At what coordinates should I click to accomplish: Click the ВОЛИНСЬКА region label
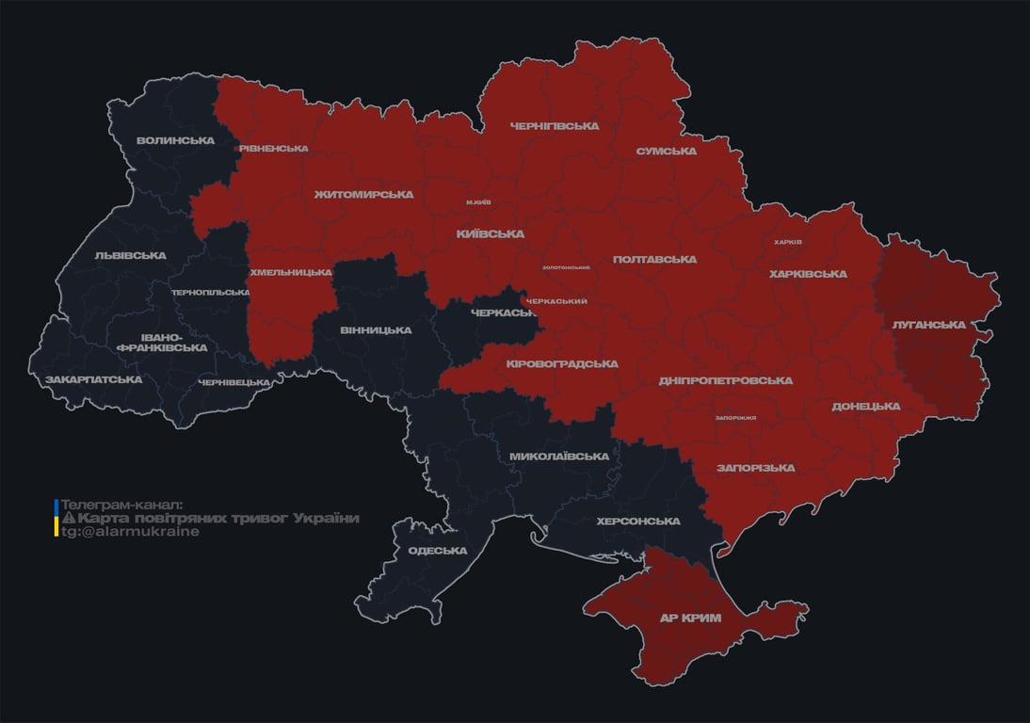[x=175, y=141]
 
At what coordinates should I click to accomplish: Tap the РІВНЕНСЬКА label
[x=273, y=149]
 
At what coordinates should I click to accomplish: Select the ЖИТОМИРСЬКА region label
[x=363, y=195]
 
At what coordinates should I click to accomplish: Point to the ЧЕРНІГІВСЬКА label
[x=554, y=126]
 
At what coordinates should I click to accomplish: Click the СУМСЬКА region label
[x=666, y=152]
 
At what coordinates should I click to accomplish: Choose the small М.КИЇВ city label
[x=478, y=202]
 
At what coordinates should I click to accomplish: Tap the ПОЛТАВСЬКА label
[x=654, y=260]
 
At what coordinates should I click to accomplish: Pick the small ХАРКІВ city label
[x=787, y=242]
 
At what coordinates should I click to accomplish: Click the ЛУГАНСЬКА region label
[x=928, y=325]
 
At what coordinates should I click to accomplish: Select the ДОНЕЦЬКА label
[x=865, y=407]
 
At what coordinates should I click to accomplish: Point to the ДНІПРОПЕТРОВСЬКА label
[x=725, y=381]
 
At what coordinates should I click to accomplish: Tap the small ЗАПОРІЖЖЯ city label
[x=735, y=417]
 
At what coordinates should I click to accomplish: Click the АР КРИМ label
[x=690, y=619]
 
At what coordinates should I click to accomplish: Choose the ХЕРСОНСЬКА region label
[x=637, y=522]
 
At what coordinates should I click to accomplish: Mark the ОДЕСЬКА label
[x=437, y=551]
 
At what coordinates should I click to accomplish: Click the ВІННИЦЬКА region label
[x=376, y=330]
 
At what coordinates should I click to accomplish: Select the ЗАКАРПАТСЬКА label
[x=93, y=379]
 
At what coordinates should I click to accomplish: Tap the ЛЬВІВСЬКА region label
[x=130, y=256]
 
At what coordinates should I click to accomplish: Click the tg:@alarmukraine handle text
[x=130, y=532]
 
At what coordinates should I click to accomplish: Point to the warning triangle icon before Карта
[x=68, y=519]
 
